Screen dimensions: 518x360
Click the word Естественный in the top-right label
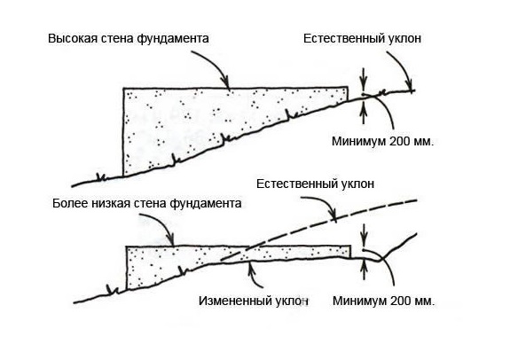click(x=339, y=38)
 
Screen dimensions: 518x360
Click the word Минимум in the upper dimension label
click(x=358, y=141)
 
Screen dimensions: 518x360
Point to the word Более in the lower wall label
click(x=67, y=203)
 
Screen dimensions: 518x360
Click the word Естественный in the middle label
click(x=292, y=184)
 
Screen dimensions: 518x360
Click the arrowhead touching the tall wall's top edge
click(x=226, y=83)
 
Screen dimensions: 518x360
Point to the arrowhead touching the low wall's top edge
click(x=171, y=240)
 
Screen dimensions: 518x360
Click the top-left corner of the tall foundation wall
click(x=123, y=88)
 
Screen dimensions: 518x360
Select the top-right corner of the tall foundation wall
click(x=348, y=88)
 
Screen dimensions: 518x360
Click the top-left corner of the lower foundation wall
click(x=126, y=247)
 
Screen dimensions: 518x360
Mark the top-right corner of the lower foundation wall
click(x=350, y=246)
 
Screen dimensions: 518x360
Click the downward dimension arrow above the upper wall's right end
click(x=364, y=79)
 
